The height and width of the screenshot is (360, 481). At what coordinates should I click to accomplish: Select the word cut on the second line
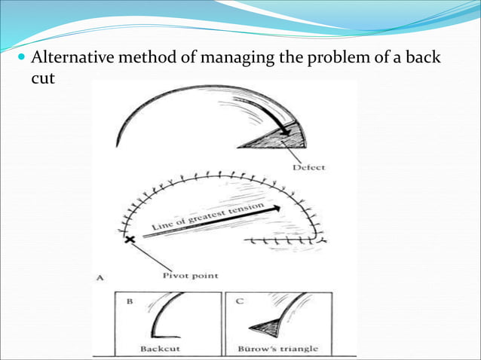coord(44,78)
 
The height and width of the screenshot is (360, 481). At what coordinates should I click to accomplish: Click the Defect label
coord(309,166)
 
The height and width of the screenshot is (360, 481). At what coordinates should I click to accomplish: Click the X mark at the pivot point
coord(130,239)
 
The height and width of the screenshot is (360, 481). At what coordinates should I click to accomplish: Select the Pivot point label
coord(191,276)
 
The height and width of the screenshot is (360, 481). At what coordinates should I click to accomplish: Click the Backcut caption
coord(159,349)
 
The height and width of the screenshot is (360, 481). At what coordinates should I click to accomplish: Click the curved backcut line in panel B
coord(161,316)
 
